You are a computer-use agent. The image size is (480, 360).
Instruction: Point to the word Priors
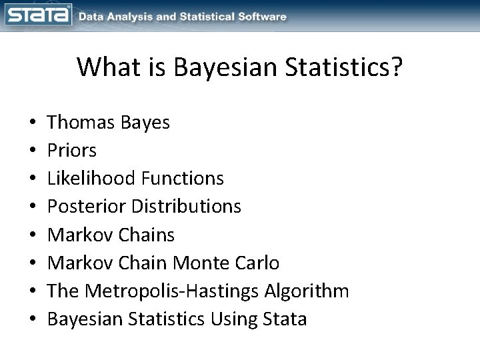[73, 151]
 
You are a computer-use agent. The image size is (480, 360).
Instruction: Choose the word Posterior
[84, 207]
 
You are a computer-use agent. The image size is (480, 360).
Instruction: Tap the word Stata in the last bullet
[285, 319]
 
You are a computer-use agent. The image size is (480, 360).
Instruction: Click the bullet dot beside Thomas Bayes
[32, 123]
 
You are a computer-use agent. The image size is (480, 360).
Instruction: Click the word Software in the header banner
[263, 17]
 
